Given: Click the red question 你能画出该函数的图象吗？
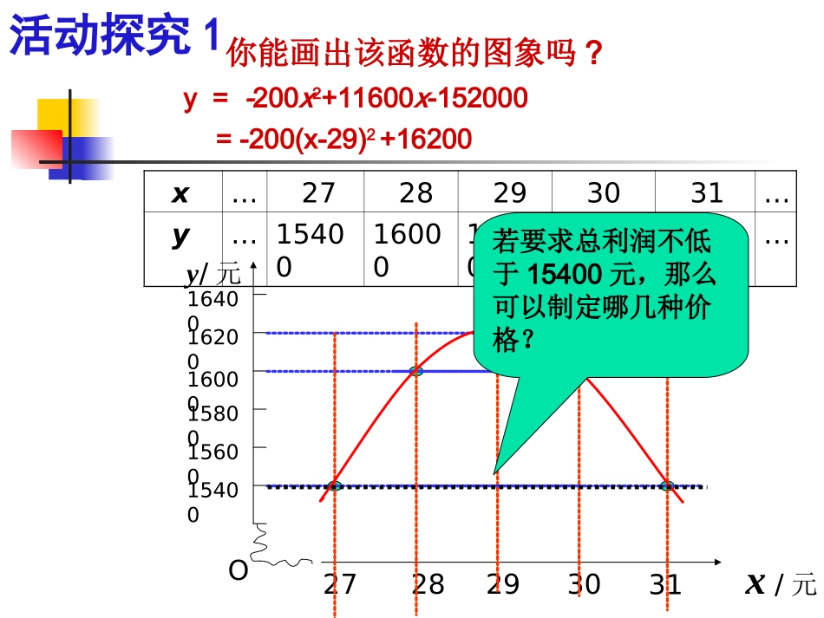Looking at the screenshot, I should tap(414, 54).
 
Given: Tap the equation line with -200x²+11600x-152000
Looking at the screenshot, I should tap(356, 99).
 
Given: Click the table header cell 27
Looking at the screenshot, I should tap(317, 192).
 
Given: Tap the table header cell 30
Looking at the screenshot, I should tap(603, 192).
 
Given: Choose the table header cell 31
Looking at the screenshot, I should tap(706, 192).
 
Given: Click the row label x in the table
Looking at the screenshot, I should tap(180, 193).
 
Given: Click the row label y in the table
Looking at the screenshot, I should tap(180, 236).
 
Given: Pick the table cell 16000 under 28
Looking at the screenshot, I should tap(407, 250).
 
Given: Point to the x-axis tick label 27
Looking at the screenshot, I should tap(339, 585).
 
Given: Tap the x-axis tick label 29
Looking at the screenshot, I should tap(503, 585).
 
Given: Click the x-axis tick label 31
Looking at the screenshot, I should tap(665, 585).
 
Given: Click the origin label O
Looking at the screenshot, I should tap(238, 570).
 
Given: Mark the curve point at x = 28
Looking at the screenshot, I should tap(416, 371).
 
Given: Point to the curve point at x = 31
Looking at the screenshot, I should tap(666, 485).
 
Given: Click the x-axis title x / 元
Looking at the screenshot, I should tap(780, 585).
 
